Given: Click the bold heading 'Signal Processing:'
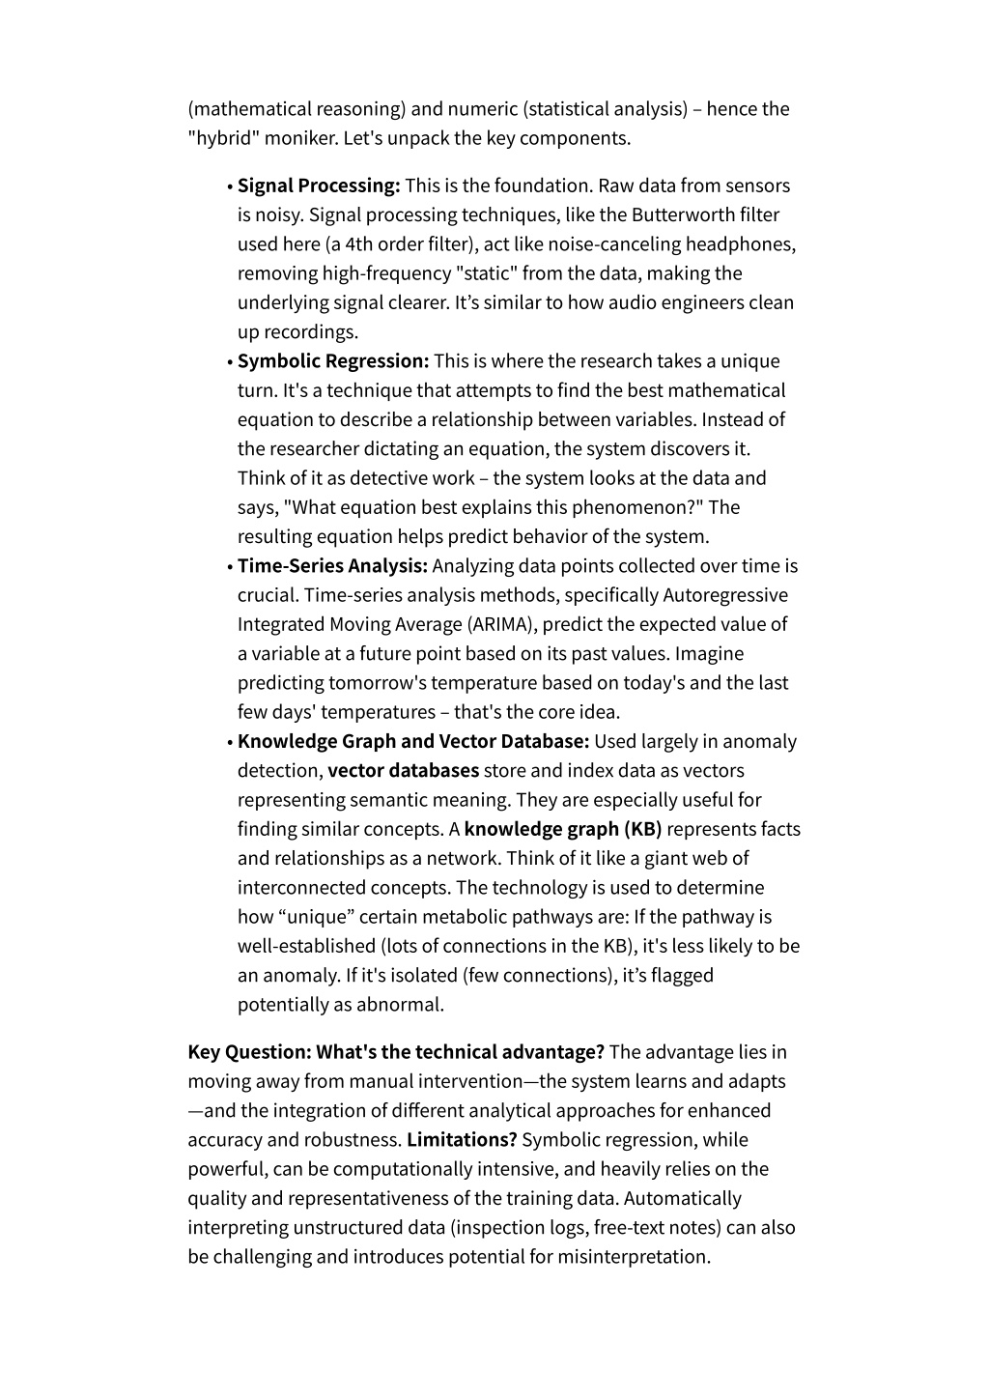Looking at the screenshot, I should pyautogui.click(x=319, y=186).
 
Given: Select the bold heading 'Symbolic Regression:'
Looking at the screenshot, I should pyautogui.click(x=333, y=361).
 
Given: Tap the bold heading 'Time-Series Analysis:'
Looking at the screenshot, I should pyautogui.click(x=332, y=566).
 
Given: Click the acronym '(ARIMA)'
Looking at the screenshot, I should pyautogui.click(x=502, y=625).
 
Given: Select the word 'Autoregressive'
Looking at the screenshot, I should pyautogui.click(x=725, y=595).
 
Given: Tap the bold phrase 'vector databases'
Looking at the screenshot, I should pyautogui.click(x=404, y=771).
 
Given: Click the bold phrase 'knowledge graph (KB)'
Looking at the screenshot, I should pyautogui.click(x=563, y=829).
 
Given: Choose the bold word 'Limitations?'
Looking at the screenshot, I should pyautogui.click(x=462, y=1140).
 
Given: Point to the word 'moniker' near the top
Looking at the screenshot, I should pyautogui.click(x=300, y=138).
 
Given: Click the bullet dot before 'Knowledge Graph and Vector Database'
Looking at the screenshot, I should pyautogui.click(x=230, y=743).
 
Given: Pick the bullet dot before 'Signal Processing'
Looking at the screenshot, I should pyautogui.click(x=230, y=187).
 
